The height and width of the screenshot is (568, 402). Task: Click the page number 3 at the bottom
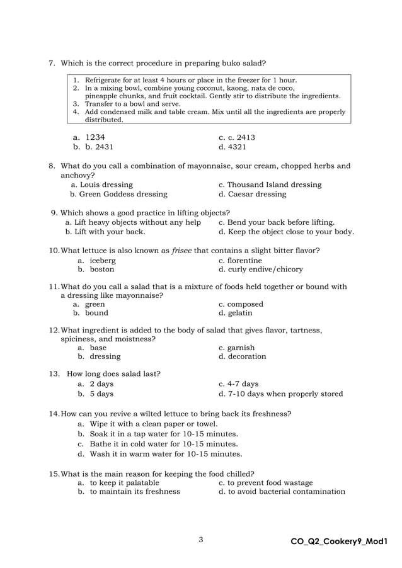click(x=200, y=540)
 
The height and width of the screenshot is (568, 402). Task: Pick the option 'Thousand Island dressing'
click(x=270, y=185)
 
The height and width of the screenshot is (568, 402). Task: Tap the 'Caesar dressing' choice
click(x=252, y=195)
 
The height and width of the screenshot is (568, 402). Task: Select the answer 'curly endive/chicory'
click(x=260, y=270)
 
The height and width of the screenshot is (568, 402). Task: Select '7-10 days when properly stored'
click(x=280, y=394)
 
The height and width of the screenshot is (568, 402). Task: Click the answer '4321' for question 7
click(x=233, y=147)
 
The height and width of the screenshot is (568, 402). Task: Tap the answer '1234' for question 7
click(x=95, y=137)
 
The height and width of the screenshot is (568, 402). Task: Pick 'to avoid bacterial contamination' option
click(x=282, y=491)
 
